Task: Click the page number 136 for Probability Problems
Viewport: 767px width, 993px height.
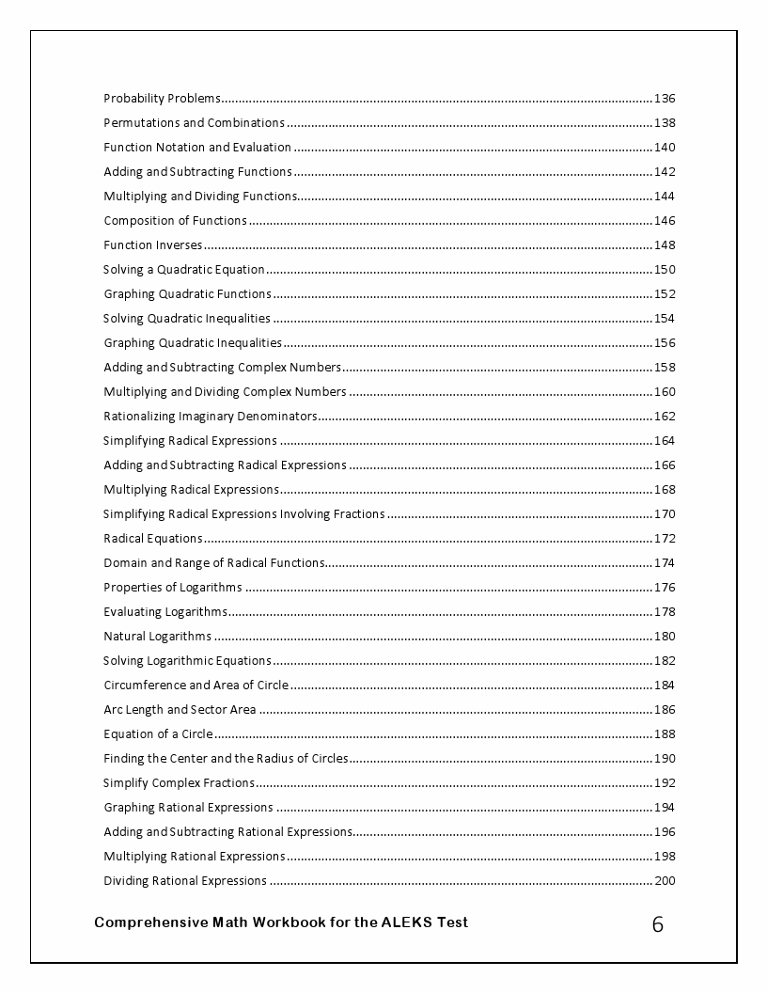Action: [664, 99]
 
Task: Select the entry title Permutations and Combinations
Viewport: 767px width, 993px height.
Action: [194, 123]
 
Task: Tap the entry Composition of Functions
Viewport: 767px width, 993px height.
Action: [175, 221]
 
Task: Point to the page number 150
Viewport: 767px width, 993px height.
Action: [664, 270]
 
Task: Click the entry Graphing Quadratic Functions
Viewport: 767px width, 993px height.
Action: [187, 294]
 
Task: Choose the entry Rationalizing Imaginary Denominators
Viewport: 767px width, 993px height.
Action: [211, 417]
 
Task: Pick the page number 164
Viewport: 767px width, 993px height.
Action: [664, 441]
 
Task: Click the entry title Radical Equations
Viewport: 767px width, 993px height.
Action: [152, 539]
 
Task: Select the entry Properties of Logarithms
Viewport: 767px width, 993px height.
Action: [172, 588]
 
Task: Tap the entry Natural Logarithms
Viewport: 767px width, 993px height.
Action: [157, 637]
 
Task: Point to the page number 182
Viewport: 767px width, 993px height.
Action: [664, 661]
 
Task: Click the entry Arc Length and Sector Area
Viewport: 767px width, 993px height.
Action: [180, 710]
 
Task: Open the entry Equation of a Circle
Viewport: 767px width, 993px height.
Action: [158, 734]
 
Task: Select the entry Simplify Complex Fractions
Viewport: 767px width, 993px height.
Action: [179, 783]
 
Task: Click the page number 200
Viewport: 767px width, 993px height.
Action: [664, 881]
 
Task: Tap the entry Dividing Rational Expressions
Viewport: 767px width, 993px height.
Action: [185, 881]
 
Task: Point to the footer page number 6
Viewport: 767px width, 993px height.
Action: [657, 925]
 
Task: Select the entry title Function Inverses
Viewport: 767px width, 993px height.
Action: [152, 245]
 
